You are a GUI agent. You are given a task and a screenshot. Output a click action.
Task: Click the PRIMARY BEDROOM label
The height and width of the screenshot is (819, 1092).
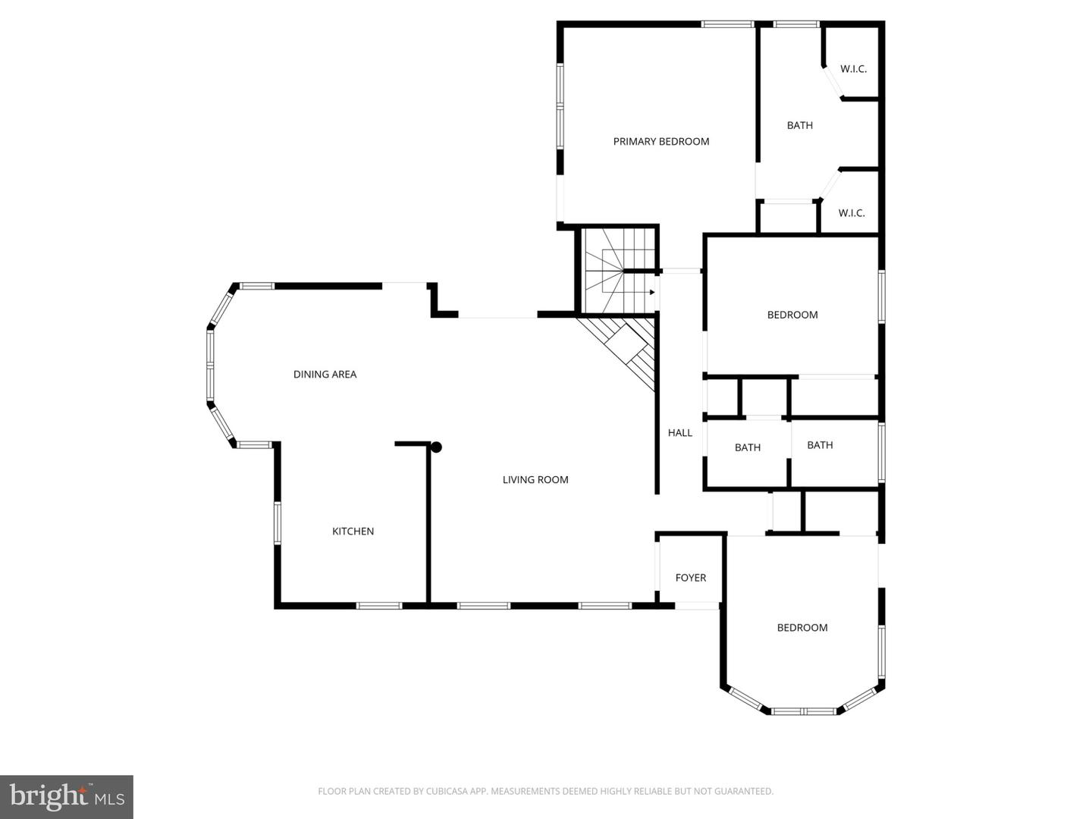[661, 142]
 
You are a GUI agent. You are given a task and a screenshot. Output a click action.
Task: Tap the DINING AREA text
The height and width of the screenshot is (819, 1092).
[325, 375]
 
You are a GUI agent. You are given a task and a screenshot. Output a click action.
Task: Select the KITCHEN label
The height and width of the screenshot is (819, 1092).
[353, 532]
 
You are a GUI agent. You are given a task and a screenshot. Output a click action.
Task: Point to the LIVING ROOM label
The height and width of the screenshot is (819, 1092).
[535, 480]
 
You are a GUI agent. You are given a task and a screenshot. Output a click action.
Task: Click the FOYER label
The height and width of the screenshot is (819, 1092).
[691, 578]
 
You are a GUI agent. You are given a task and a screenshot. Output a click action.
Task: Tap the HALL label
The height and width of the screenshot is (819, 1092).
[680, 433]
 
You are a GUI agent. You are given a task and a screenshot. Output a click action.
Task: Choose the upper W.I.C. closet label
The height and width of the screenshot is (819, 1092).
[853, 69]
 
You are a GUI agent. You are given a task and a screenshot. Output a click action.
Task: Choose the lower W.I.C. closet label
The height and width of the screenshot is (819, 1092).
[852, 213]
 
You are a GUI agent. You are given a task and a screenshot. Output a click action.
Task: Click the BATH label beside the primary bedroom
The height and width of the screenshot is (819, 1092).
[800, 126]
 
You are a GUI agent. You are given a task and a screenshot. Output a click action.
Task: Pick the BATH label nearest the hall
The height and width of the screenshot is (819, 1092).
[748, 448]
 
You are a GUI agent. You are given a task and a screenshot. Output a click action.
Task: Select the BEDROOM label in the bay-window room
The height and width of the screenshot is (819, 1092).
[802, 628]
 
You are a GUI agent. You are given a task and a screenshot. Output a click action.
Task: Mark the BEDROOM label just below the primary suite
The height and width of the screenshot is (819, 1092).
[792, 315]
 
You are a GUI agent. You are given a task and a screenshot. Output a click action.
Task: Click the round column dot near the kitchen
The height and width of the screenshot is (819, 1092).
[436, 447]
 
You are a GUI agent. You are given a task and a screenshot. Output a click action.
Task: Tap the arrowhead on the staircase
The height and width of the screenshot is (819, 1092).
[652, 292]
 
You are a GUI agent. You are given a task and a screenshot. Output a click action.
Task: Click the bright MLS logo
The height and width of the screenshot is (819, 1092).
[67, 797]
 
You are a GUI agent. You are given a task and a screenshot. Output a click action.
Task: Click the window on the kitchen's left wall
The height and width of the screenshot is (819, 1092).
[278, 523]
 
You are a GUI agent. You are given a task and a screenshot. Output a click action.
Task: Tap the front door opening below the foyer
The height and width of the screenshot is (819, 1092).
[697, 605]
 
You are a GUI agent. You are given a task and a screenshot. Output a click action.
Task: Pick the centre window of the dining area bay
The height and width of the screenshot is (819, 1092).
[210, 366]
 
